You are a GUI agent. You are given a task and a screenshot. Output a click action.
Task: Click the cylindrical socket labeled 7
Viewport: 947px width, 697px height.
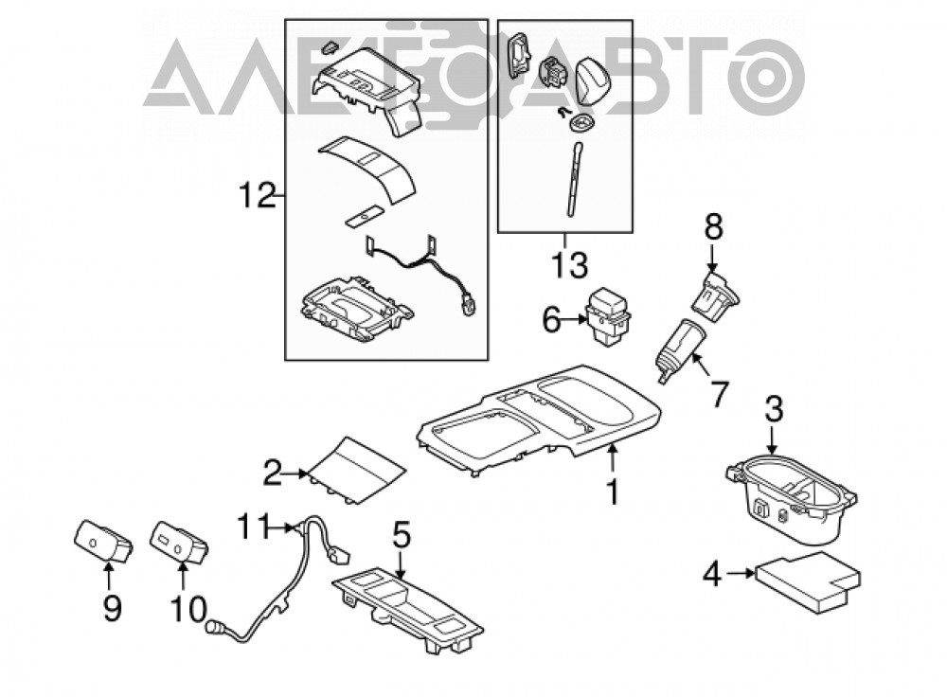tap(678, 350)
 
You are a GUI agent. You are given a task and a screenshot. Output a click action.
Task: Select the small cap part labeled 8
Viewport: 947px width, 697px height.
tap(720, 293)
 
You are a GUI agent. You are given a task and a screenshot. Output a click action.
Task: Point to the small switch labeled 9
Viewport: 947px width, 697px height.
tap(102, 541)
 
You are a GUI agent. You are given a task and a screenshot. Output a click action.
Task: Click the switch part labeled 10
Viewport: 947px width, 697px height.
tap(179, 541)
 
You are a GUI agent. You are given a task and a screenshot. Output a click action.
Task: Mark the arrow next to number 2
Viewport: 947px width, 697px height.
tap(295, 474)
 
